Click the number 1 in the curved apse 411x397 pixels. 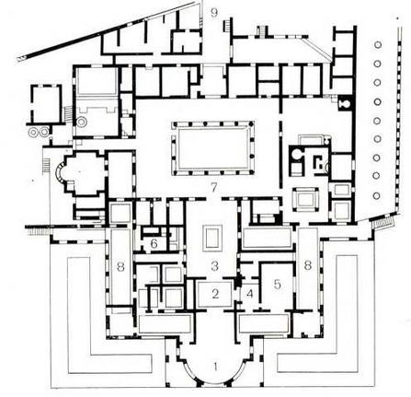216,367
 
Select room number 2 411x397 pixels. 215,294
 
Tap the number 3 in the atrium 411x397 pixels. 215,266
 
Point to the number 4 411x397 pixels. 250,294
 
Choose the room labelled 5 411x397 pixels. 277,285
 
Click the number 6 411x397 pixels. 154,244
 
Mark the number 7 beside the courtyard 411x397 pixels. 214,188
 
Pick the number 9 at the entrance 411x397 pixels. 214,13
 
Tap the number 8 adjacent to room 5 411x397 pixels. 308,265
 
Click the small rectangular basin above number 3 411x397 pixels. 213,238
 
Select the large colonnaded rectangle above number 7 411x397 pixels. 213,148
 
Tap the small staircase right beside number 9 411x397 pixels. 227,25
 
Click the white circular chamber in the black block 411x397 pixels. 296,154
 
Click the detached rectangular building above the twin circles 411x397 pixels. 46,104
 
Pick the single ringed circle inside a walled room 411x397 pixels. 82,122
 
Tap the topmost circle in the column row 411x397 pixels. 378,45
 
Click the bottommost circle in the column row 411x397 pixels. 377,195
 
